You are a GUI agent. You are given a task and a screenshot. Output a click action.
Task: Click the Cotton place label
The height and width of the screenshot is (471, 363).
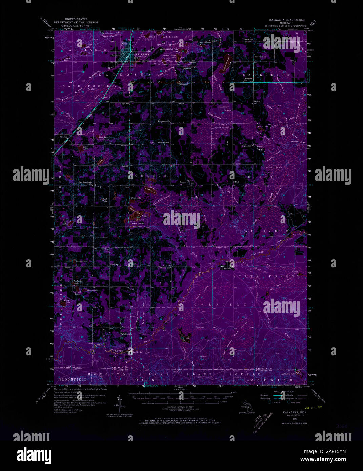pos(257,101)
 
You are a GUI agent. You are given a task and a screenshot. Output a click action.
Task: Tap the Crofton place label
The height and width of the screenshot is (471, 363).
pos(64,137)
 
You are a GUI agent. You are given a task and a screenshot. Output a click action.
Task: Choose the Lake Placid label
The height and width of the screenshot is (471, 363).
pos(205,42)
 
